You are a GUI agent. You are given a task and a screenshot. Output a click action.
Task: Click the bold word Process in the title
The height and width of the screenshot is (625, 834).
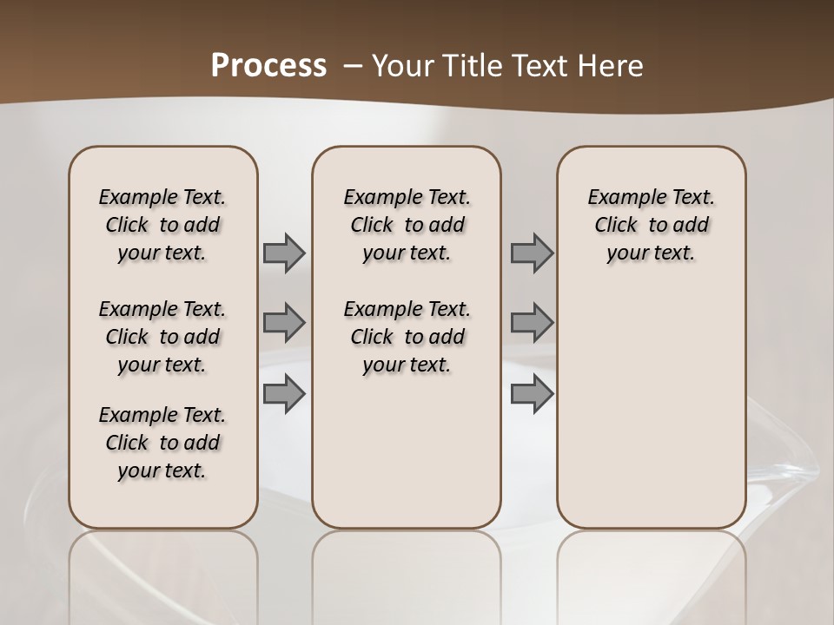[268, 66]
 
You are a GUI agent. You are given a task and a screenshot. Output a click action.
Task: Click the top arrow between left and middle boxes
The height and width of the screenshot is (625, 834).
[284, 253]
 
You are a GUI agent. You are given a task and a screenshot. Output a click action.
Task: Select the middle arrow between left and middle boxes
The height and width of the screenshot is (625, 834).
[284, 323]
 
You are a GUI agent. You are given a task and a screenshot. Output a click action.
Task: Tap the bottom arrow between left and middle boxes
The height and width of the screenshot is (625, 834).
[284, 394]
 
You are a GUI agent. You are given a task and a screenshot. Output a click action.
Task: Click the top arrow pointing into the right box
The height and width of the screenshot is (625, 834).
[532, 253]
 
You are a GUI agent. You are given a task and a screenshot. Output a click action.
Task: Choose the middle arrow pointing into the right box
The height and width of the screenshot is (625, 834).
[532, 323]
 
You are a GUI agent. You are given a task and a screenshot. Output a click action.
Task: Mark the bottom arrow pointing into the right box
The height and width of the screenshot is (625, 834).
[532, 394]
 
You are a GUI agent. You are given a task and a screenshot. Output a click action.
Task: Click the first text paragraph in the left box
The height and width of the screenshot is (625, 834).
[162, 225]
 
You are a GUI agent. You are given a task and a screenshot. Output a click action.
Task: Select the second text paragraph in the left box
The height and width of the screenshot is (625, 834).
[162, 337]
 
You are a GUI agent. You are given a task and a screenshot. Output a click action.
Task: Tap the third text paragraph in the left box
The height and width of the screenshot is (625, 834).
[162, 443]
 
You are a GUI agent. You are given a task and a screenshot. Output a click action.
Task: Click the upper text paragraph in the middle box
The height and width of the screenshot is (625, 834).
[407, 225]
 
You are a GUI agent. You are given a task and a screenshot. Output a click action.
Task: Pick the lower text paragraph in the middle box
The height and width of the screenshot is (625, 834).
[407, 337]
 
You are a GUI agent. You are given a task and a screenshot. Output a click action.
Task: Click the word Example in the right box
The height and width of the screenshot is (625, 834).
[623, 198]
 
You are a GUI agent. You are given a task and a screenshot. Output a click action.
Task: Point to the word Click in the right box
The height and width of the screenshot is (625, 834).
[616, 226]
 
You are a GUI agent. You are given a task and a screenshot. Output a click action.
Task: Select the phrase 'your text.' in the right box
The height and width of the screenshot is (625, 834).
[651, 253]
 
